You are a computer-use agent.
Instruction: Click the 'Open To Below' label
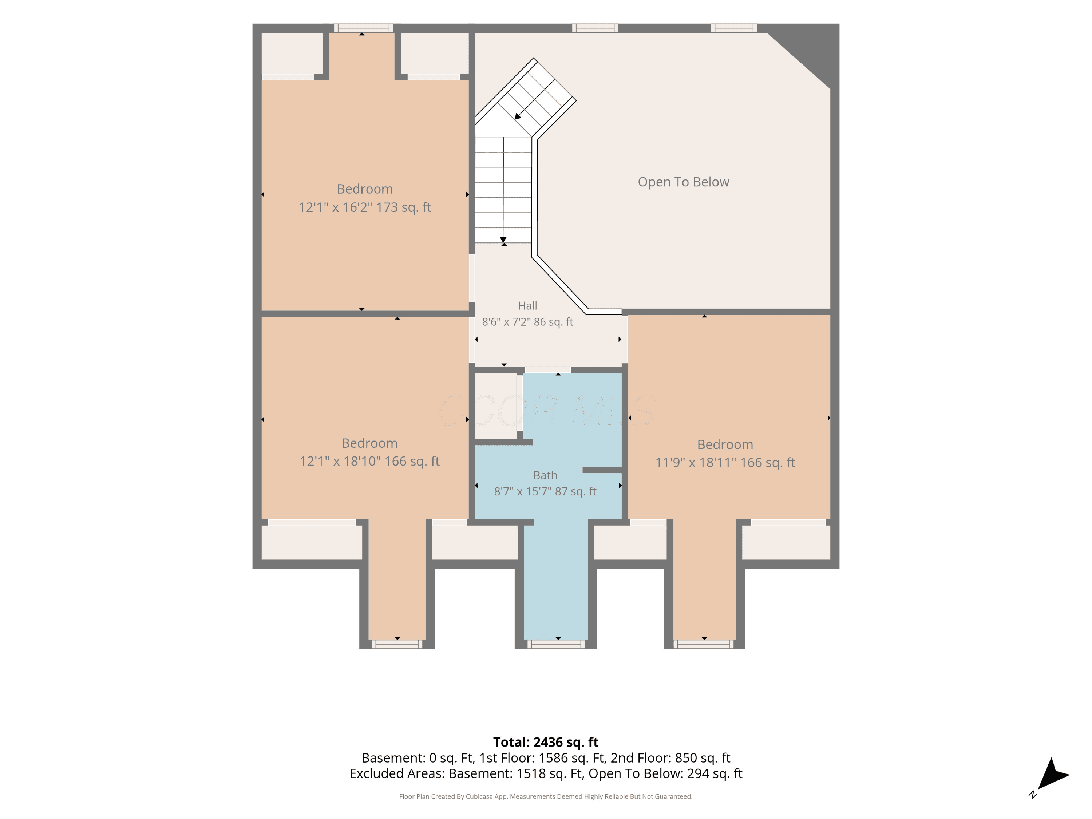pos(683,182)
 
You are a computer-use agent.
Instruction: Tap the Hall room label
pos(527,306)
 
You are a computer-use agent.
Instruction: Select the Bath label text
pos(545,475)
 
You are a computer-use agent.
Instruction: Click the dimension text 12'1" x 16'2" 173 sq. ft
pos(365,207)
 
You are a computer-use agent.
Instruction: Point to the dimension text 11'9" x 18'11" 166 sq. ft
pos(725,463)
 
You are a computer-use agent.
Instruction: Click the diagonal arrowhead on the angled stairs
pos(518,116)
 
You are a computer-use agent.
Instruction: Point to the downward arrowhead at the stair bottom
pos(503,240)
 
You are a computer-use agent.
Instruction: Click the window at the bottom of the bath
pos(556,644)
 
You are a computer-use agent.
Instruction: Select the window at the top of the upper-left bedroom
pos(363,28)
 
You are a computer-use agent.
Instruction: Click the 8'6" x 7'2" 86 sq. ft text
pos(527,322)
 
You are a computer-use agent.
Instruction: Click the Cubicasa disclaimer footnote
pos(546,796)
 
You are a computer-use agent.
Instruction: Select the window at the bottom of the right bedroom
pos(704,644)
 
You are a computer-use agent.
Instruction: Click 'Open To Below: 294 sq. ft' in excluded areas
pos(665,773)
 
